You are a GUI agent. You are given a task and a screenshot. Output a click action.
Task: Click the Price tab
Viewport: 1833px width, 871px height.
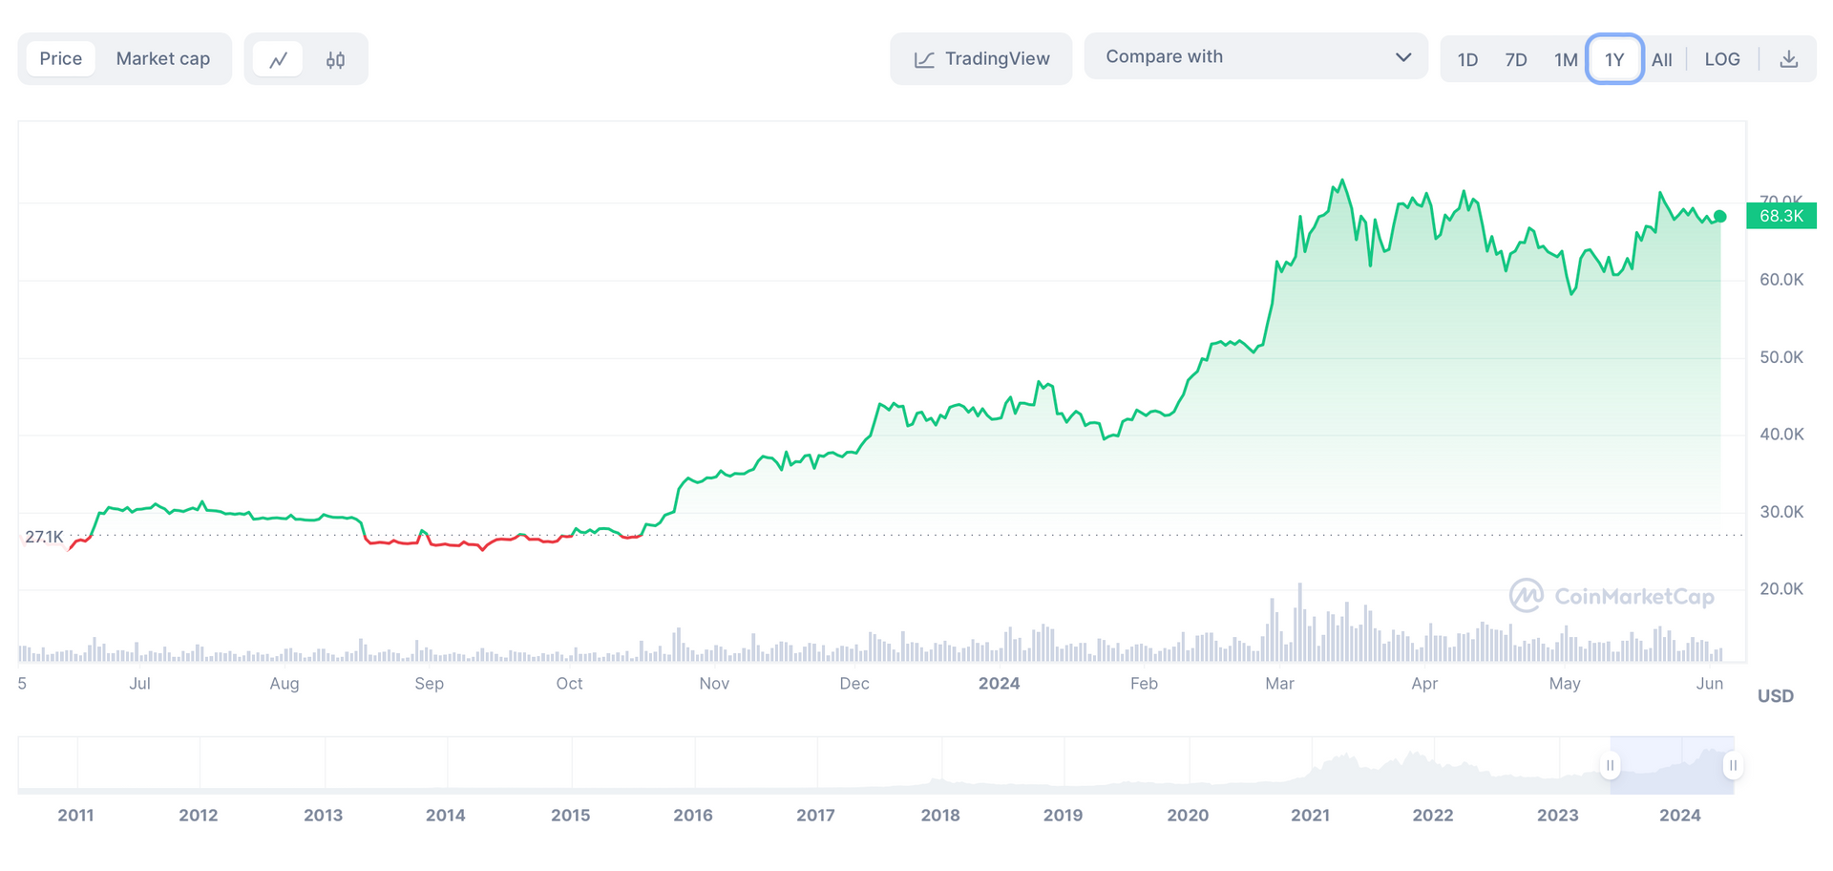(x=61, y=59)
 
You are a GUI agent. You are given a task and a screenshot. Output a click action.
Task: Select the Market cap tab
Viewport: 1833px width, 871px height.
(x=162, y=59)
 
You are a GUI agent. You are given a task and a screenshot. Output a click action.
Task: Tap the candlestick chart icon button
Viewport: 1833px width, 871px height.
(x=335, y=60)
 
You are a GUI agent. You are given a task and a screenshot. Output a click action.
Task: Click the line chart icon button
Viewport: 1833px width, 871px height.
(x=278, y=60)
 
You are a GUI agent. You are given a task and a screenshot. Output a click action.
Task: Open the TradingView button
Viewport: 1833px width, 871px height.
(x=981, y=59)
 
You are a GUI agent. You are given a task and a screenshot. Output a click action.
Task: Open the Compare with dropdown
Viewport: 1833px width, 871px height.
(x=1255, y=57)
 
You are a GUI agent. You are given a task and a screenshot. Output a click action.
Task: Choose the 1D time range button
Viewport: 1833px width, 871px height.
(x=1467, y=60)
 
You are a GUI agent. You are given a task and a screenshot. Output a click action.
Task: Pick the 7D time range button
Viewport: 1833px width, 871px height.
(x=1516, y=60)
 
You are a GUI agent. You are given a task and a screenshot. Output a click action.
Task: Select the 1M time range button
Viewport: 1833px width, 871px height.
(x=1566, y=60)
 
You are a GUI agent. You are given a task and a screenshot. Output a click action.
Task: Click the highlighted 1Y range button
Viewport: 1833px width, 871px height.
(x=1614, y=60)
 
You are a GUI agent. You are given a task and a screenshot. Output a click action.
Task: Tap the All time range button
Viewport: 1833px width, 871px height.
(x=1662, y=60)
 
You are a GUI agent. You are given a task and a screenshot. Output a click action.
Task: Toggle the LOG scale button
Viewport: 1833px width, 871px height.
(x=1722, y=60)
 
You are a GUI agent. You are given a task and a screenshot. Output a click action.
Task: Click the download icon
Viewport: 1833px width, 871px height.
(x=1789, y=60)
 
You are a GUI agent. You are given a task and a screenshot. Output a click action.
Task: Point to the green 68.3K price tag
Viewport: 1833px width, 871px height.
(x=1781, y=216)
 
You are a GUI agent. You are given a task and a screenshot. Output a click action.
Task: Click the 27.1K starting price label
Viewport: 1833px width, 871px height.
(x=44, y=537)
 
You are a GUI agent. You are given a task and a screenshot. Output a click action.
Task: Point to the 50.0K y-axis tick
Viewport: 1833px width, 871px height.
(x=1781, y=357)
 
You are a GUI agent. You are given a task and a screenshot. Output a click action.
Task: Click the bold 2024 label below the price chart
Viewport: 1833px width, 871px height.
(x=999, y=684)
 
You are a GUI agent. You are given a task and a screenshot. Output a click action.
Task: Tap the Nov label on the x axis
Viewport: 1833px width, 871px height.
(x=714, y=684)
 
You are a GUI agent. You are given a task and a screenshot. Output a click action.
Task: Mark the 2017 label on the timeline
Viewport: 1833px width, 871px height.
(x=815, y=816)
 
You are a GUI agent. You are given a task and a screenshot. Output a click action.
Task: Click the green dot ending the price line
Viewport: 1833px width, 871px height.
(x=1720, y=217)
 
